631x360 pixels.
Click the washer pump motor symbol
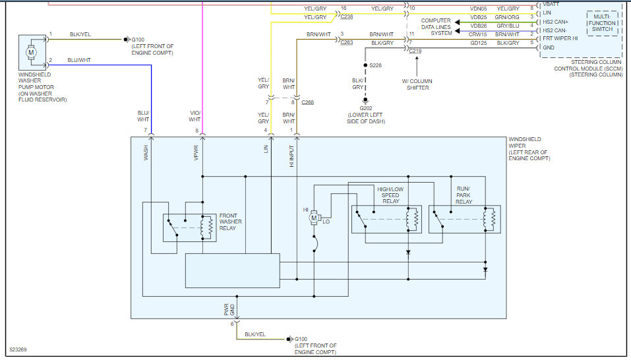pyautogui.click(x=30, y=51)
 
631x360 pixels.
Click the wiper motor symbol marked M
pyautogui.click(x=315, y=217)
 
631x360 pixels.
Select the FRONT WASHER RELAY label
pyautogui.click(x=230, y=222)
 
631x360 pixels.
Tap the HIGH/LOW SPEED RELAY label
pyautogui.click(x=390, y=196)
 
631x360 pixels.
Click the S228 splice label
pyautogui.click(x=376, y=66)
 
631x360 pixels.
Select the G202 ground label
pyautogui.click(x=365, y=108)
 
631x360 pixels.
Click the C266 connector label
pyautogui.click(x=308, y=103)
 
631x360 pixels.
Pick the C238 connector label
pyautogui.click(x=346, y=16)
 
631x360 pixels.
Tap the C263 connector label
pyautogui.click(x=346, y=42)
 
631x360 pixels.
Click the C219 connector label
pyautogui.click(x=415, y=51)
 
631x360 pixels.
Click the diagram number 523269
pyautogui.click(x=19, y=349)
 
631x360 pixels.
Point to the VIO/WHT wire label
pyautogui.click(x=195, y=116)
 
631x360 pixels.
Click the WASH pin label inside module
pyautogui.click(x=146, y=154)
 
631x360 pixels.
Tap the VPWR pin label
pyautogui.click(x=196, y=154)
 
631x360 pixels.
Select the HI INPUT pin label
pyautogui.click(x=292, y=156)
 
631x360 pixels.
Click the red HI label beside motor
pyautogui.click(x=306, y=210)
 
